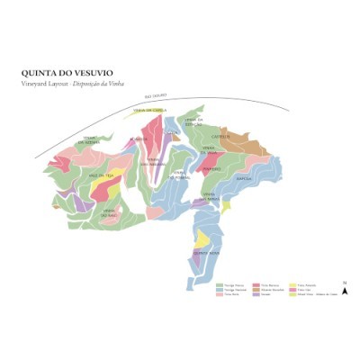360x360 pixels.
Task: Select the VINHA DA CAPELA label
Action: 150,111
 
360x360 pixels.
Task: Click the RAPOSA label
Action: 243,178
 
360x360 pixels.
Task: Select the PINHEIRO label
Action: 212,168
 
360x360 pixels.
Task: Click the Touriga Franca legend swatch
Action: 220,283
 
